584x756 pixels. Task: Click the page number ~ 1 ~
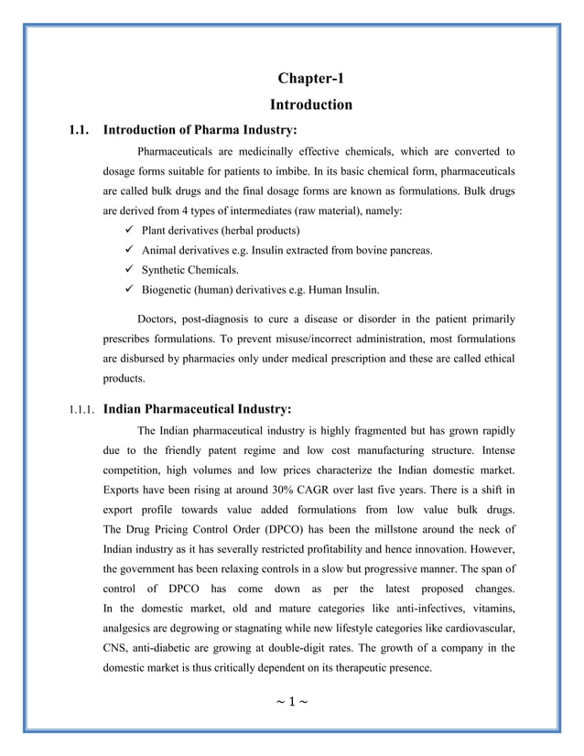(292, 702)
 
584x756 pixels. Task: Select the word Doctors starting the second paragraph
(159, 319)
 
